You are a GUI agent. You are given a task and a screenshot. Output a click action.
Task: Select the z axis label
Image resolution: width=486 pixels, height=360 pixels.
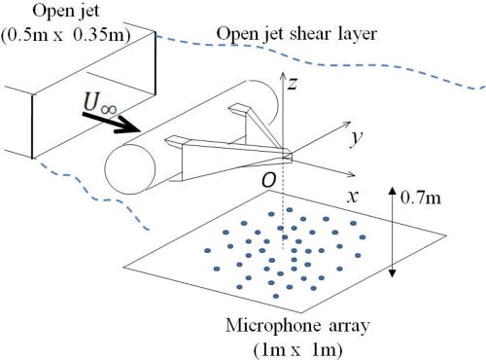click(x=290, y=86)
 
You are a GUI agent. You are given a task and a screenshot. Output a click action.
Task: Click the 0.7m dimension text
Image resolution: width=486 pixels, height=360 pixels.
click(x=426, y=201)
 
